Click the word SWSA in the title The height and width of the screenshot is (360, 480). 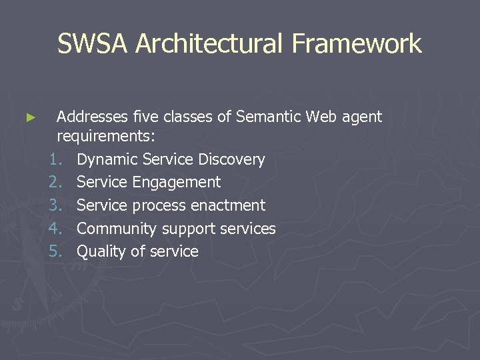point(93,44)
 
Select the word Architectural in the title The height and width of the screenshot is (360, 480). point(211,44)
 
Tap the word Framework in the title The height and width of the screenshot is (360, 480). point(357,44)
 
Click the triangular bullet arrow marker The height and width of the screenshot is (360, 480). point(30,118)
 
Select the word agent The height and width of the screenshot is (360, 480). point(362,118)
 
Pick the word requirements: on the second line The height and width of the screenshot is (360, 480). point(106,137)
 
